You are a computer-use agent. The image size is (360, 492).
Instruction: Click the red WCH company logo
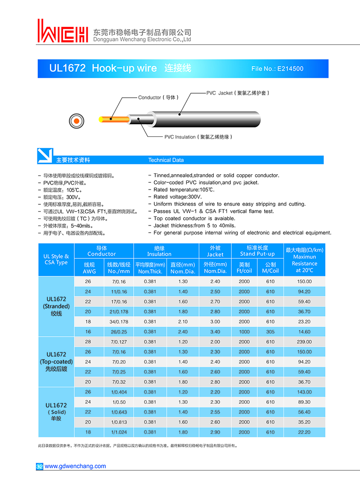tap(63, 31)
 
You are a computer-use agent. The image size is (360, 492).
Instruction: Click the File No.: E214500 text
tap(277, 69)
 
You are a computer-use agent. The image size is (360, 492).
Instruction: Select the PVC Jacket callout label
tap(237, 93)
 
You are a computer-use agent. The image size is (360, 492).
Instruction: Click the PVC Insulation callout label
tap(198, 137)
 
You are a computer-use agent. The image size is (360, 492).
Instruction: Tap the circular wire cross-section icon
tap(76, 121)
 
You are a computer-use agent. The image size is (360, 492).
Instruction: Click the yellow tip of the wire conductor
tap(101, 119)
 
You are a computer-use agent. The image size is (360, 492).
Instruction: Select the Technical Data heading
tap(166, 160)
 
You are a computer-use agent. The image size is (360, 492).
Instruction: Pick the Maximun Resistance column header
tap(304, 260)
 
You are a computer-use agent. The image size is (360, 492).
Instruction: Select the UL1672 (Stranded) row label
tap(56, 306)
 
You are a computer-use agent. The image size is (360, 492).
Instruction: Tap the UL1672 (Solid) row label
tap(56, 412)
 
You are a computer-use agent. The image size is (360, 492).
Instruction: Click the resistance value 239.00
tap(304, 342)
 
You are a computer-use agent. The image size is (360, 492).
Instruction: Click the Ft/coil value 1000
tap(244, 332)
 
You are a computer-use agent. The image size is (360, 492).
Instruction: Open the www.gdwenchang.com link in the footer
tap(75, 466)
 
